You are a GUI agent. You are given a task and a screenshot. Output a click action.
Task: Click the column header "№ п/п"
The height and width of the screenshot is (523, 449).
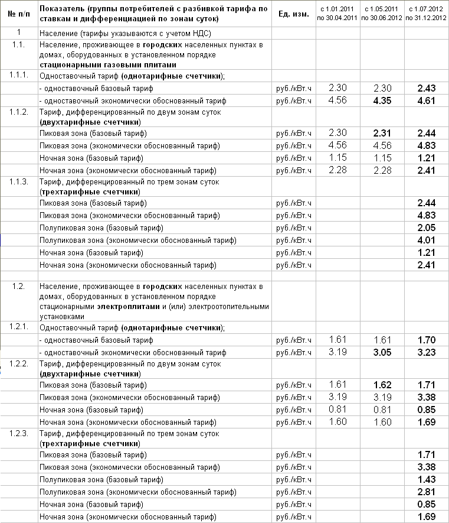19,14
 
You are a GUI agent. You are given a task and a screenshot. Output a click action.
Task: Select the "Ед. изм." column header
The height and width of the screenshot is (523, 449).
293,14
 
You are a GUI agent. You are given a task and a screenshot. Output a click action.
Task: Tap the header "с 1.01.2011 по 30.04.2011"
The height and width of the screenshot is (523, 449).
337,14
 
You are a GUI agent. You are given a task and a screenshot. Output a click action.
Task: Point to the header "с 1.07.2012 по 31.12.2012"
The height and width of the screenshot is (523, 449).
426,14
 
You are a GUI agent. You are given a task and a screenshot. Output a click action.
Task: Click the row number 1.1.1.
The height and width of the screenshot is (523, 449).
19,76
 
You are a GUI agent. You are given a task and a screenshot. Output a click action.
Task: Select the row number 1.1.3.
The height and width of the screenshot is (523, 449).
19,181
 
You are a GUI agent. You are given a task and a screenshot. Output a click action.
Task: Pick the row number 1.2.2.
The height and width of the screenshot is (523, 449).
19,363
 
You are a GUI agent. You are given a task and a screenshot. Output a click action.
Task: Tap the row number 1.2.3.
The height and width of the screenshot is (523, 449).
19,434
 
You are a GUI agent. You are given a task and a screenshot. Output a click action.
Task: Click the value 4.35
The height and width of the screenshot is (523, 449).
382,100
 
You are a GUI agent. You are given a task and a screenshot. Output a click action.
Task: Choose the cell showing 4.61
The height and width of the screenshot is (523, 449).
426,100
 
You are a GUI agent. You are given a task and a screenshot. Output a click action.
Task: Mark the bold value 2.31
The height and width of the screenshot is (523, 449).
382,133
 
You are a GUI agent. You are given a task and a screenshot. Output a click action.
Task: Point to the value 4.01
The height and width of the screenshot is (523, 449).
426,240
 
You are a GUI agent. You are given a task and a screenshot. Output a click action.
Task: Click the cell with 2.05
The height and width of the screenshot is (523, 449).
426,228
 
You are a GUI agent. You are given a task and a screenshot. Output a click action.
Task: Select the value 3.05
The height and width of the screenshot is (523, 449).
382,352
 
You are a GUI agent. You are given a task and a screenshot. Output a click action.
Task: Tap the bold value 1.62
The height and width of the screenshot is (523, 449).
382,385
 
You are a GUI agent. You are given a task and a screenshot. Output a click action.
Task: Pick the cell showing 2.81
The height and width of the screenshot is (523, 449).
426,492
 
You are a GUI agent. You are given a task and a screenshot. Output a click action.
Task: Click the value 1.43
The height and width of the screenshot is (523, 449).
426,480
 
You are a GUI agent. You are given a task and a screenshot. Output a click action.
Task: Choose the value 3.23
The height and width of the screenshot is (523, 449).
426,352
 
